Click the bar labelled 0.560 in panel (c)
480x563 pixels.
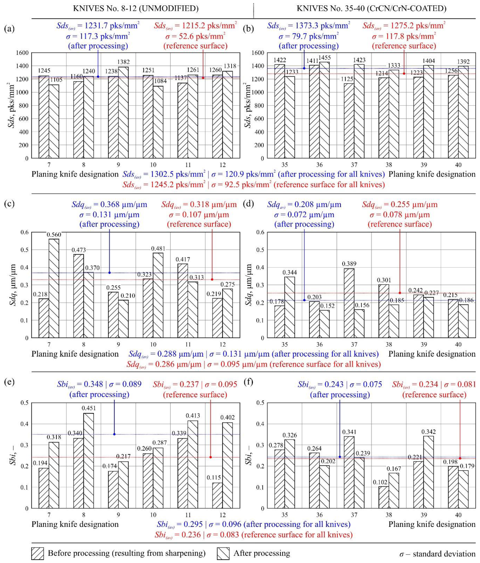pos(54,288)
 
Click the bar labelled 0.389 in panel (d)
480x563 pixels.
pos(349,303)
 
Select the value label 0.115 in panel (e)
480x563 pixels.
pos(214,477)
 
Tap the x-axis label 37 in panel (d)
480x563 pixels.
pos(354,345)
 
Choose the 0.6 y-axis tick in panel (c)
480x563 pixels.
pos(25,232)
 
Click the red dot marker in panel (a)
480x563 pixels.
pos(203,78)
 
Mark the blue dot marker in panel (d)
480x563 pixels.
pos(304,300)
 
